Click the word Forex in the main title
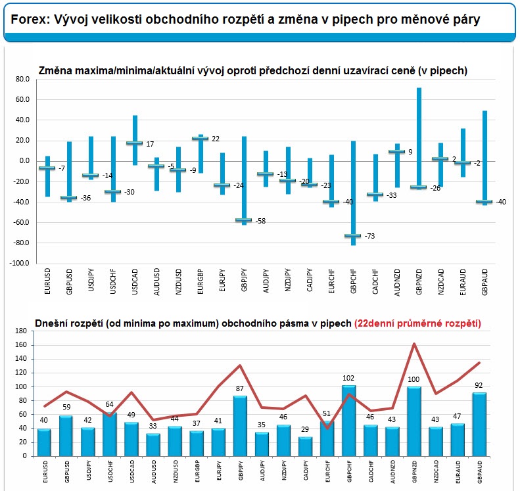pyautogui.click(x=27, y=20)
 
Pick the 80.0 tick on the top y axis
pyautogui.click(x=22, y=80)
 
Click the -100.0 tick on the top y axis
pyautogui.click(x=19, y=263)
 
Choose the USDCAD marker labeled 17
pyautogui.click(x=134, y=143)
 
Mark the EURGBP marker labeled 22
pyautogui.click(x=200, y=138)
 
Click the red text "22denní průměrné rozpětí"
pyautogui.click(x=417, y=323)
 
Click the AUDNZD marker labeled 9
pyautogui.click(x=397, y=152)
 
